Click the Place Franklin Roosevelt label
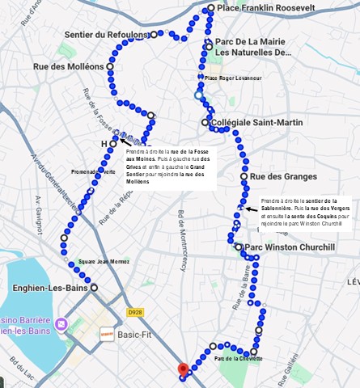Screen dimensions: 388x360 pos(266,8)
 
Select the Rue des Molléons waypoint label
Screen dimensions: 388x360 pos(69,66)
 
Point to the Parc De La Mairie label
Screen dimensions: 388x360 pos(252,41)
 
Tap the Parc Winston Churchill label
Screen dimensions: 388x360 pos(290,247)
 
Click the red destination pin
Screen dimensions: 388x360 pos(183,370)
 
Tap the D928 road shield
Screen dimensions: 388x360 pos(135,312)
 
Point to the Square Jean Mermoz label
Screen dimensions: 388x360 pos(104,262)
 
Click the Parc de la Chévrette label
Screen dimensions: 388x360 pos(238,358)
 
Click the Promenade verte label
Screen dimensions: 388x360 pos(93,171)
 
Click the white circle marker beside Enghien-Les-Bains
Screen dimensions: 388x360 pos(94,287)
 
